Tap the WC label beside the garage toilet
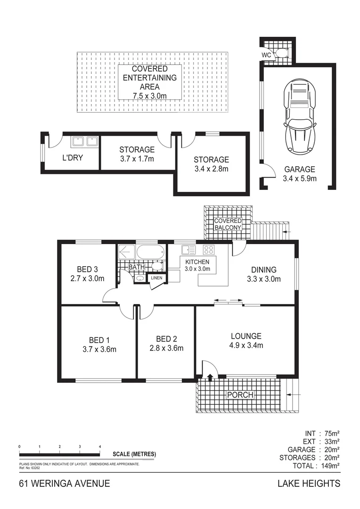tap(266, 54)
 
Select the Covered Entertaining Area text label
tap(150, 82)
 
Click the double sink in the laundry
tap(84, 141)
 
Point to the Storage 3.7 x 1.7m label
tap(137, 154)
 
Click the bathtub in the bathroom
tap(150, 252)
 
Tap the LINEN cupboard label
tap(156, 278)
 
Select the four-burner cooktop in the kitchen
tap(209, 250)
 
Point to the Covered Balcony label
tap(228, 224)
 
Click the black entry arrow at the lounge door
tap(210, 376)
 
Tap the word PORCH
tap(240, 395)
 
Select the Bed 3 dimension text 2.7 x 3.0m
tap(87, 279)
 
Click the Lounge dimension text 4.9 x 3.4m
tap(246, 345)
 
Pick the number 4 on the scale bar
tap(100, 446)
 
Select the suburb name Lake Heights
tap(309, 484)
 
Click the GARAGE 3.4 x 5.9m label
tap(300, 174)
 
